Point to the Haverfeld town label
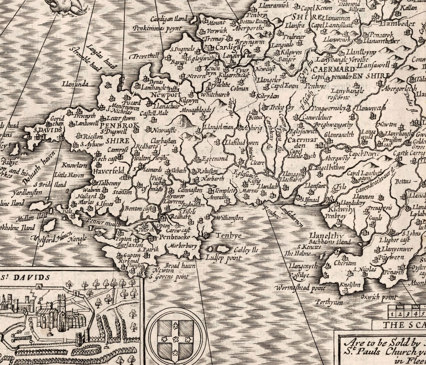108,171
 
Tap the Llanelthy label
326,236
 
